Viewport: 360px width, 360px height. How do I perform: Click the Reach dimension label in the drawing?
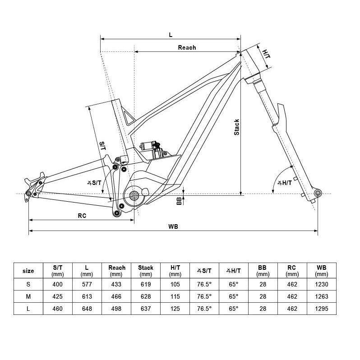(187, 47)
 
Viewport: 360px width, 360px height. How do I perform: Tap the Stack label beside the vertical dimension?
(236, 127)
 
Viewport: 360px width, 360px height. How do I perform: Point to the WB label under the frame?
(173, 227)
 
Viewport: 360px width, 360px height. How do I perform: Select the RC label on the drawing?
(82, 216)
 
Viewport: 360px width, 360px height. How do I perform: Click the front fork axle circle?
(318, 194)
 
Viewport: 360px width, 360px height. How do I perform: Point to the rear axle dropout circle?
(28, 194)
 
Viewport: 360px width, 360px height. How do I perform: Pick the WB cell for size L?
(322, 309)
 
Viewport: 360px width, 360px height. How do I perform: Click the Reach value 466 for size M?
(116, 296)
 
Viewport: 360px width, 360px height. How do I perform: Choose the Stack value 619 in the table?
(145, 284)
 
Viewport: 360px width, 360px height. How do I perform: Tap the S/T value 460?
(57, 309)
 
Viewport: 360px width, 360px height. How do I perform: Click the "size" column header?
(28, 271)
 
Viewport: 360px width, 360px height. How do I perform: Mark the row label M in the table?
(28, 296)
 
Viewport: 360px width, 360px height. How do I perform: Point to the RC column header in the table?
(292, 271)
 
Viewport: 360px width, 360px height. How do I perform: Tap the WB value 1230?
(322, 284)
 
